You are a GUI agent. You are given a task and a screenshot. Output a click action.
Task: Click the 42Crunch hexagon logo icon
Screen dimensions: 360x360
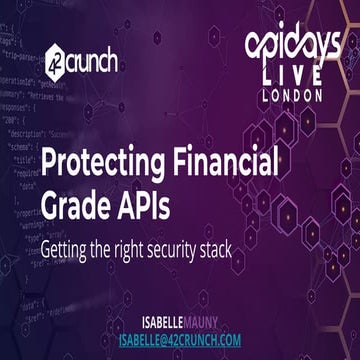[55, 63]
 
